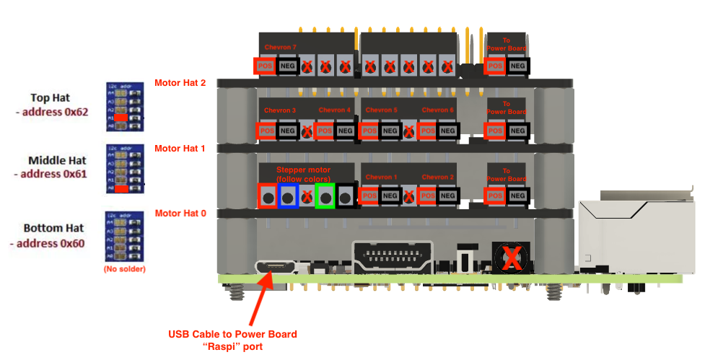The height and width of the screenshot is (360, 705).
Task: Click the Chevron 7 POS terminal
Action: coord(265,66)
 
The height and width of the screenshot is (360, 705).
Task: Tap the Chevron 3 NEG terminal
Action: coord(287,131)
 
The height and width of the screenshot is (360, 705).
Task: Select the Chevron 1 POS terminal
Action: coord(369,196)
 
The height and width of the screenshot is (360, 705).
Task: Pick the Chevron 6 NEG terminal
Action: coord(447,131)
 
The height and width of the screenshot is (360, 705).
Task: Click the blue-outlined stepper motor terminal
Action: coord(288,196)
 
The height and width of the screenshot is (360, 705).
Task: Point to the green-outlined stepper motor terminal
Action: coord(325,196)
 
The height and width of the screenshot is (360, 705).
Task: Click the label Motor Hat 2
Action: coord(180,83)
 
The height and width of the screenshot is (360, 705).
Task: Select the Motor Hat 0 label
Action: coord(180,213)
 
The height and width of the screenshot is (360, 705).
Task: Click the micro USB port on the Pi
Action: coord(274,267)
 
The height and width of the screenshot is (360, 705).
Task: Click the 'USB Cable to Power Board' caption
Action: coord(232,334)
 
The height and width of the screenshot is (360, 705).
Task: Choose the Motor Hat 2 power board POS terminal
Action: coord(495,66)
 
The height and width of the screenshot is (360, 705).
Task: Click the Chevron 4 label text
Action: coord(334,110)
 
